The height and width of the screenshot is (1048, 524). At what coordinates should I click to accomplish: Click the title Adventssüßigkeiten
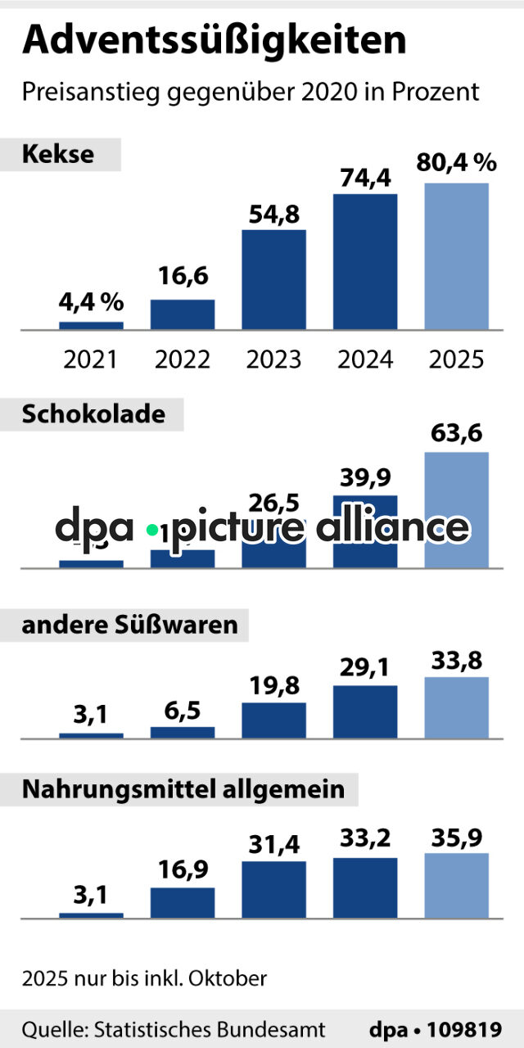tap(214, 41)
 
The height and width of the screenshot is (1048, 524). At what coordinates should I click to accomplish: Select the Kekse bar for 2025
tap(457, 256)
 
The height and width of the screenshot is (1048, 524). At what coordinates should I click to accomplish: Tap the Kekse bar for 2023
tap(273, 280)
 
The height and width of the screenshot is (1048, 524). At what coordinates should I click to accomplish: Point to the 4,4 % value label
tap(91, 303)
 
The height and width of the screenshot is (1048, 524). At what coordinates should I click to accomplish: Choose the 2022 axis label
tap(182, 359)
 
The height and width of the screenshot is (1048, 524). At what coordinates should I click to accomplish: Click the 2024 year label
tap(365, 359)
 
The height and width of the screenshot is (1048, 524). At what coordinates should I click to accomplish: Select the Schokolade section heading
tap(93, 414)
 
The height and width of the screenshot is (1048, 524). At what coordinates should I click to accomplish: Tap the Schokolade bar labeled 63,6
tap(457, 509)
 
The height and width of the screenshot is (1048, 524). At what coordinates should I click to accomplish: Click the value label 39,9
tap(364, 477)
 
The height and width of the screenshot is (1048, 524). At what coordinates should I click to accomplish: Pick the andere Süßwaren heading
tap(129, 626)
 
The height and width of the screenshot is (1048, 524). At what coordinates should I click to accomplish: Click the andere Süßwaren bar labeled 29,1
tap(365, 712)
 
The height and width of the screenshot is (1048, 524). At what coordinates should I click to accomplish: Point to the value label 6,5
tap(183, 709)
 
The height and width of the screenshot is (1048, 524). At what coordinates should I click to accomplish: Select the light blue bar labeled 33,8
tap(457, 707)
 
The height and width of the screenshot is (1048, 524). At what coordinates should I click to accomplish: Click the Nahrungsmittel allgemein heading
tap(183, 791)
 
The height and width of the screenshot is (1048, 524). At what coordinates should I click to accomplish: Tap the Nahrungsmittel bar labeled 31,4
tap(273, 889)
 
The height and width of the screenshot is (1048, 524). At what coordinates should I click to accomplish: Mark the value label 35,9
tap(457, 837)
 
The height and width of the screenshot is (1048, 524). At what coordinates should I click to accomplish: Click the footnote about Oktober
tap(144, 978)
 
